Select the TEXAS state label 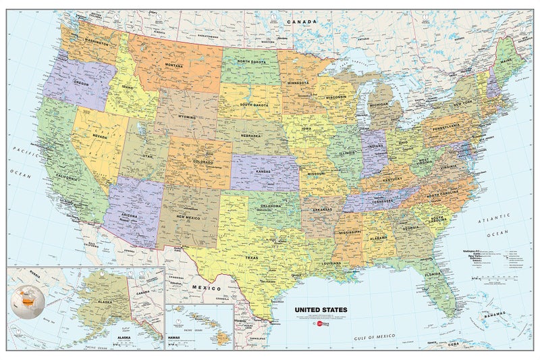(x=251, y=257)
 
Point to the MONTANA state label (x=173, y=65)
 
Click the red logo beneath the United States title (x=313, y=323)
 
